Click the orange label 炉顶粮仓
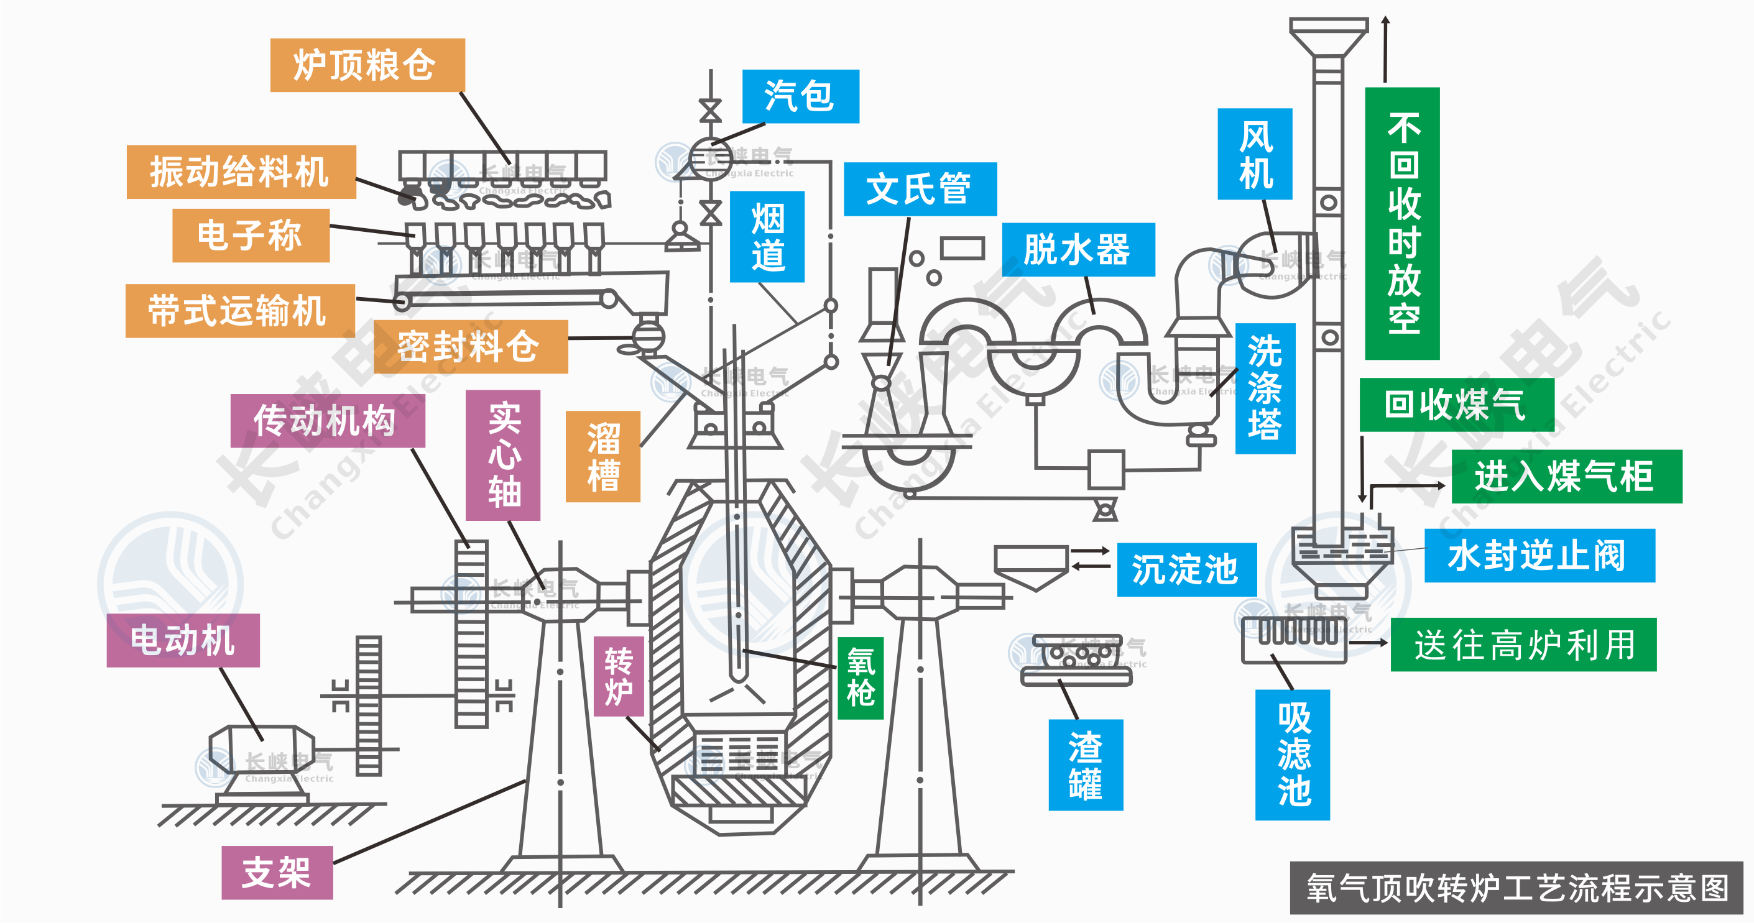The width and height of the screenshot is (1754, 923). click(x=367, y=65)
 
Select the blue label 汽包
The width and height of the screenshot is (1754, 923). click(x=800, y=96)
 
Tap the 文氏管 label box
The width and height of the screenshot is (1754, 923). click(x=920, y=189)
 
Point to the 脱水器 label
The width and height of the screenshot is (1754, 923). click(x=1078, y=250)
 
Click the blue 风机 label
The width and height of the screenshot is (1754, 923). click(x=1254, y=155)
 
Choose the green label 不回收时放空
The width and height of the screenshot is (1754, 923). click(x=1402, y=223)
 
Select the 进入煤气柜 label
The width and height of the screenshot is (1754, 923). click(x=1566, y=477)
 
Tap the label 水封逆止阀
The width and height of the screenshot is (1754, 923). click(x=1539, y=556)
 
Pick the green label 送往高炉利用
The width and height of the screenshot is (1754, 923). click(x=1523, y=645)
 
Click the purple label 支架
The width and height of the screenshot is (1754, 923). click(x=277, y=873)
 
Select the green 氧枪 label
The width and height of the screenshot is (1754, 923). click(x=860, y=678)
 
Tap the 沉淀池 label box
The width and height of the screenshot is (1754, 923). click(x=1186, y=570)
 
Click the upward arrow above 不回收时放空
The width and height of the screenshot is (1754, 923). click(x=1385, y=48)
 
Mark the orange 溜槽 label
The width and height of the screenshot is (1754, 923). click(x=602, y=457)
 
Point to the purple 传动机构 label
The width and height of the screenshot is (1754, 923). click(x=327, y=421)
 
